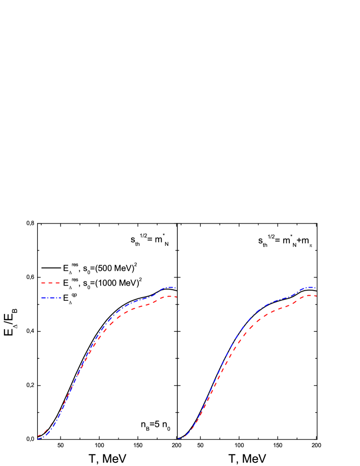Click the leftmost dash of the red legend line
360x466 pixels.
tap(43, 283)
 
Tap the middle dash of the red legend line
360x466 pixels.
tap(50, 283)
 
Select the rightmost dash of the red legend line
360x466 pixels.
tap(57, 283)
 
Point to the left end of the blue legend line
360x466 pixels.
tap(42, 298)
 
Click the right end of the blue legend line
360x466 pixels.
tap(61, 298)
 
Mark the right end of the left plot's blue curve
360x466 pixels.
tap(175, 288)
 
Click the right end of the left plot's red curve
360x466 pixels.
tap(176, 296)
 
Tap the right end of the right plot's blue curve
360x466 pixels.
tap(316, 288)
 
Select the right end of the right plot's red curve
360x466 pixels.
tap(317, 296)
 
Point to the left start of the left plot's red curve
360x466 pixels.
tap(38, 436)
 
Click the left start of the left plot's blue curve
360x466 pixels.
tap(38, 439)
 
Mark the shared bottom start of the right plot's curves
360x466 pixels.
tap(178, 439)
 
